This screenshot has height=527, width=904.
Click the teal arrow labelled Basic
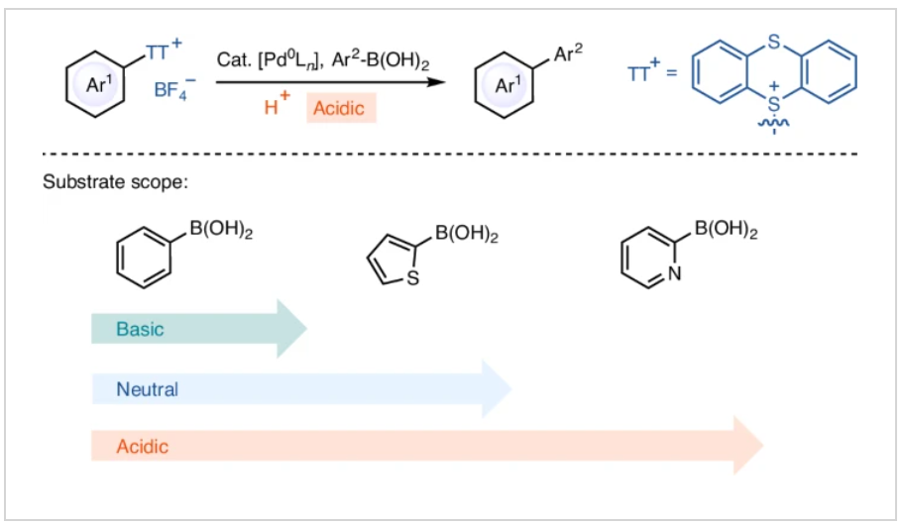(x=198, y=329)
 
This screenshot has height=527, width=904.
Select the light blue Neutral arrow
(x=297, y=389)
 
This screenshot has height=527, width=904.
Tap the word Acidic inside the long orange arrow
(x=143, y=447)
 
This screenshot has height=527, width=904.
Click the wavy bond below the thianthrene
(x=774, y=142)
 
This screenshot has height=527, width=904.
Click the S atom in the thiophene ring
(x=413, y=279)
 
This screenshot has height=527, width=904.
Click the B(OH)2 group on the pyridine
(x=726, y=233)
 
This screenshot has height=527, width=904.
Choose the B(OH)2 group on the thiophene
(x=466, y=237)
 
